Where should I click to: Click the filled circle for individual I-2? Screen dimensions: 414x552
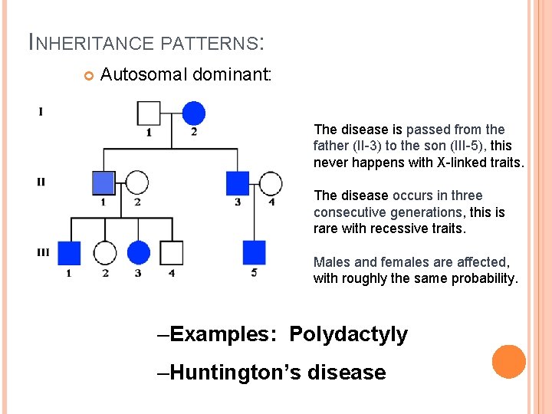(x=194, y=113)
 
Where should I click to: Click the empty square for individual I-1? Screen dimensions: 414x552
(x=149, y=113)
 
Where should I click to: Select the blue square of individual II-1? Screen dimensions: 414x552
(x=103, y=182)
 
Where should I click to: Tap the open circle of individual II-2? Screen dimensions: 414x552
(x=136, y=182)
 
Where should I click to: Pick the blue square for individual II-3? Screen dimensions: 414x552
(x=238, y=182)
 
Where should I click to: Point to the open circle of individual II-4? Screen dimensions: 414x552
(x=271, y=182)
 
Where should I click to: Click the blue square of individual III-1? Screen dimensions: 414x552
(x=70, y=252)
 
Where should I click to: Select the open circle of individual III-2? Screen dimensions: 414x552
(x=104, y=252)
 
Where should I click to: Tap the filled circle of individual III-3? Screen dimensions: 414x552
(x=138, y=252)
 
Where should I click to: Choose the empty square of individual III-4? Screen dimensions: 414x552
(x=172, y=252)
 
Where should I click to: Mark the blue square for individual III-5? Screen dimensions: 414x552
(x=254, y=252)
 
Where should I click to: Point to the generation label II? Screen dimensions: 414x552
(x=41, y=182)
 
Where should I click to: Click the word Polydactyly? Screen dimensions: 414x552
(x=348, y=334)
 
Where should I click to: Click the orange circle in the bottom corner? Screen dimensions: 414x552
(x=509, y=362)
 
